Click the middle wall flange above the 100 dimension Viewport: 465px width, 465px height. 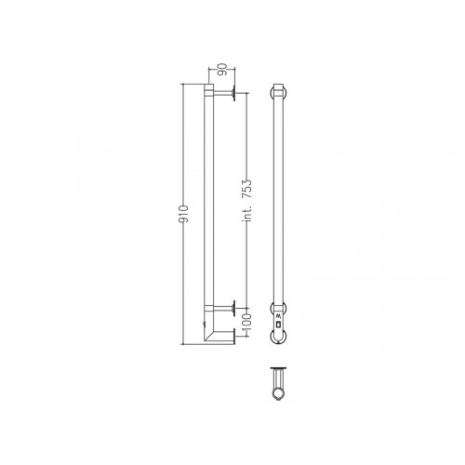click(236, 306)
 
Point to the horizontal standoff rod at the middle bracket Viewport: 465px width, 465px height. click(223, 306)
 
